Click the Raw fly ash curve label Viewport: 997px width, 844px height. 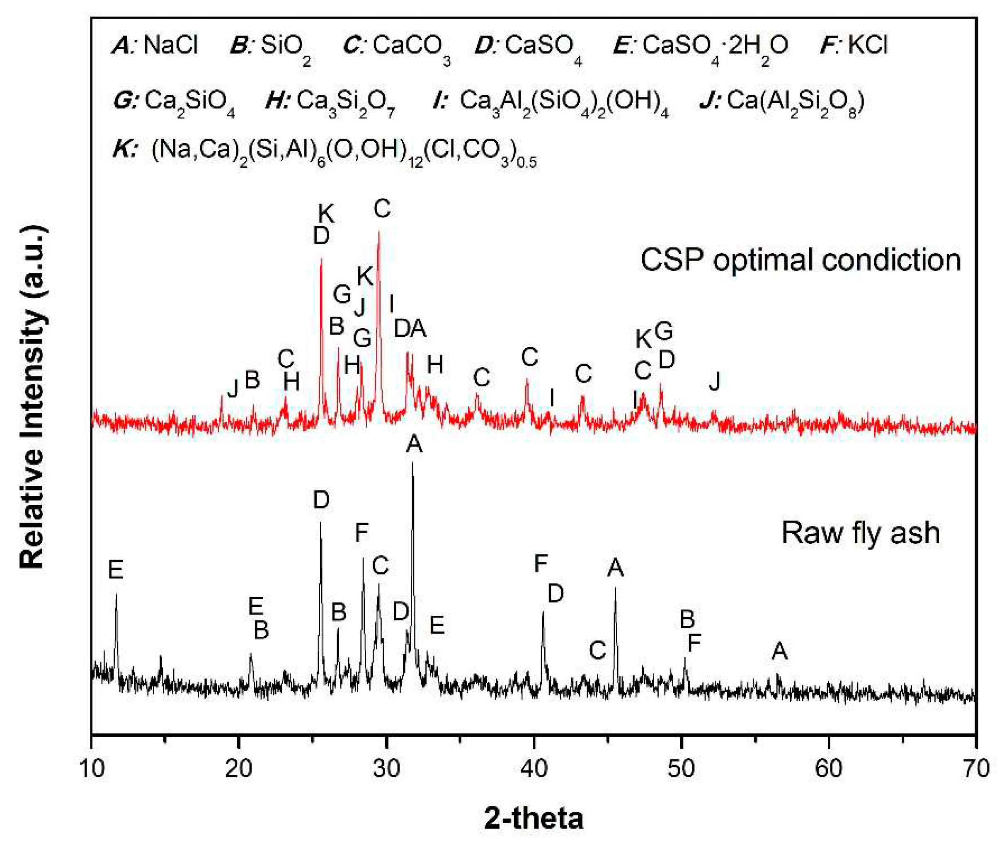click(x=860, y=533)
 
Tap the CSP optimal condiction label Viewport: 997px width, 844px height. click(x=800, y=260)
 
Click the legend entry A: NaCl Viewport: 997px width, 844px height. click(x=154, y=46)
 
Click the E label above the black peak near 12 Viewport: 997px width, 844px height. click(x=115, y=570)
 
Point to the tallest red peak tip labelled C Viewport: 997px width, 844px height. click(x=379, y=232)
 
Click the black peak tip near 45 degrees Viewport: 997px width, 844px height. click(x=615, y=588)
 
